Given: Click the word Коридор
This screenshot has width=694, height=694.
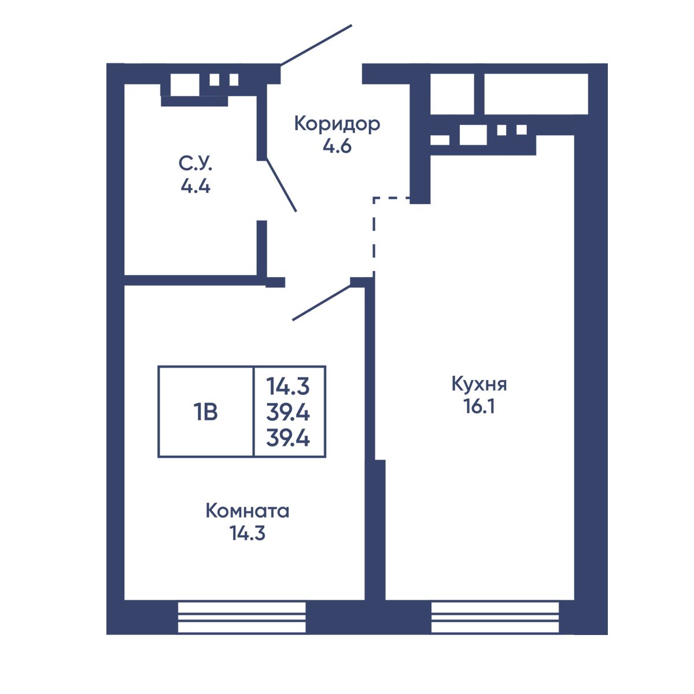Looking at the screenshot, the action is pyautogui.click(x=337, y=124).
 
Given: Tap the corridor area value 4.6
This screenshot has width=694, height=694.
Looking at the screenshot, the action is pyautogui.click(x=337, y=146).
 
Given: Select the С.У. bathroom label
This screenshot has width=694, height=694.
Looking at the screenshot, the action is pyautogui.click(x=195, y=164).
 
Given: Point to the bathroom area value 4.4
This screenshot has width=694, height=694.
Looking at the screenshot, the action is pyautogui.click(x=195, y=186).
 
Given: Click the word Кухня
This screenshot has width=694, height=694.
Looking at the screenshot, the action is pyautogui.click(x=479, y=384).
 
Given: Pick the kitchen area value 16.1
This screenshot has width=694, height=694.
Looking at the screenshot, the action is pyautogui.click(x=479, y=407).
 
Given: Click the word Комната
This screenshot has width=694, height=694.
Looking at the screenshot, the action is pyautogui.click(x=248, y=511).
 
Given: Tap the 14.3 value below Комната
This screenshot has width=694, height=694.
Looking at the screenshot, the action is pyautogui.click(x=248, y=533).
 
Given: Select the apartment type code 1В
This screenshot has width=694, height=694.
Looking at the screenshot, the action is pyautogui.click(x=205, y=412).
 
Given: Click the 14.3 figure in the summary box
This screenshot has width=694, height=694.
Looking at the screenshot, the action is pyautogui.click(x=288, y=386).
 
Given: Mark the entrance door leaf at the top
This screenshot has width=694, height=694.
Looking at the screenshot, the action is pyautogui.click(x=316, y=45).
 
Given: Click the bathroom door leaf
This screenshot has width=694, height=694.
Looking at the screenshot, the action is pyautogui.click(x=281, y=185).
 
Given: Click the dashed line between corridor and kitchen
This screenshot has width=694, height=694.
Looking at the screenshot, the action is pyautogui.click(x=374, y=234).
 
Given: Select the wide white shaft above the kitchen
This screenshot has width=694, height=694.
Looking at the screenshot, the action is pyautogui.click(x=536, y=94).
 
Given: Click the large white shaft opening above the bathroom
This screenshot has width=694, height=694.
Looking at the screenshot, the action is pyautogui.click(x=184, y=84).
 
